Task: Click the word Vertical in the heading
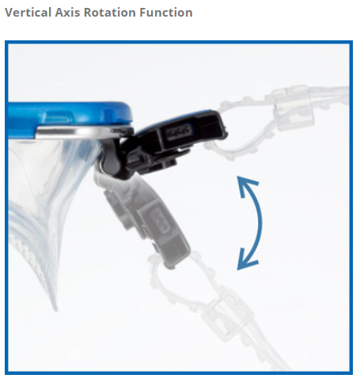coord(28,13)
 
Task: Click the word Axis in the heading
coord(67,13)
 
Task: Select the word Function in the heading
coord(166,13)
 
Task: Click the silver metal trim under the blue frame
coord(81,132)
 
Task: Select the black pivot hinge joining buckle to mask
coord(112,158)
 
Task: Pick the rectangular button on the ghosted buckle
coord(160,220)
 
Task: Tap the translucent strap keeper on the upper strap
coord(294,108)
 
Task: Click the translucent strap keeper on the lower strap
coord(227,311)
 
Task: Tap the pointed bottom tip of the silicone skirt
coord(55,310)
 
